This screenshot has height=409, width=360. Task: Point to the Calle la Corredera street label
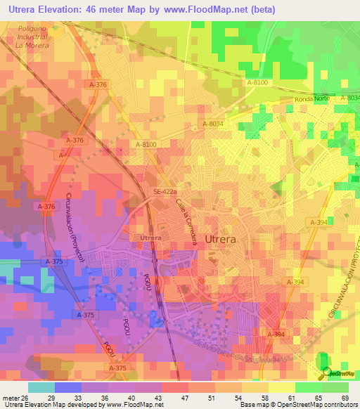pos(186,221)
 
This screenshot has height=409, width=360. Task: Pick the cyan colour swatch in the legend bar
pos(41,387)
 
